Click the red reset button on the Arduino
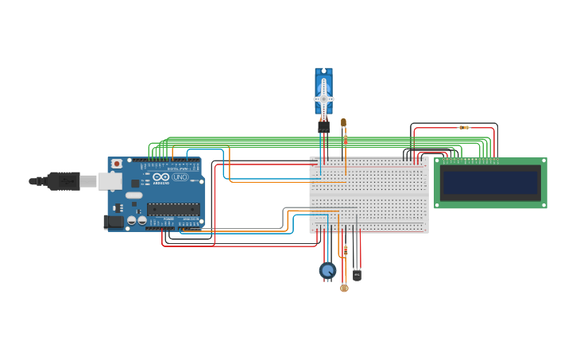(117, 164)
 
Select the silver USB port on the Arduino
(110, 181)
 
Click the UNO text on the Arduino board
(180, 177)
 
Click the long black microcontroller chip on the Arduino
(172, 209)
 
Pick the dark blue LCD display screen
(490, 183)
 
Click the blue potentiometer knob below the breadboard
(327, 271)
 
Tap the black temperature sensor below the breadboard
(357, 275)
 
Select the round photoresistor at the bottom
(344, 288)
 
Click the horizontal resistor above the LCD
(464, 127)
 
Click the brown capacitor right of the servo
(343, 122)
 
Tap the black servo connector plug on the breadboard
(323, 126)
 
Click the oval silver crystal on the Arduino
(133, 195)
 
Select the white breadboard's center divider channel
(369, 195)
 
